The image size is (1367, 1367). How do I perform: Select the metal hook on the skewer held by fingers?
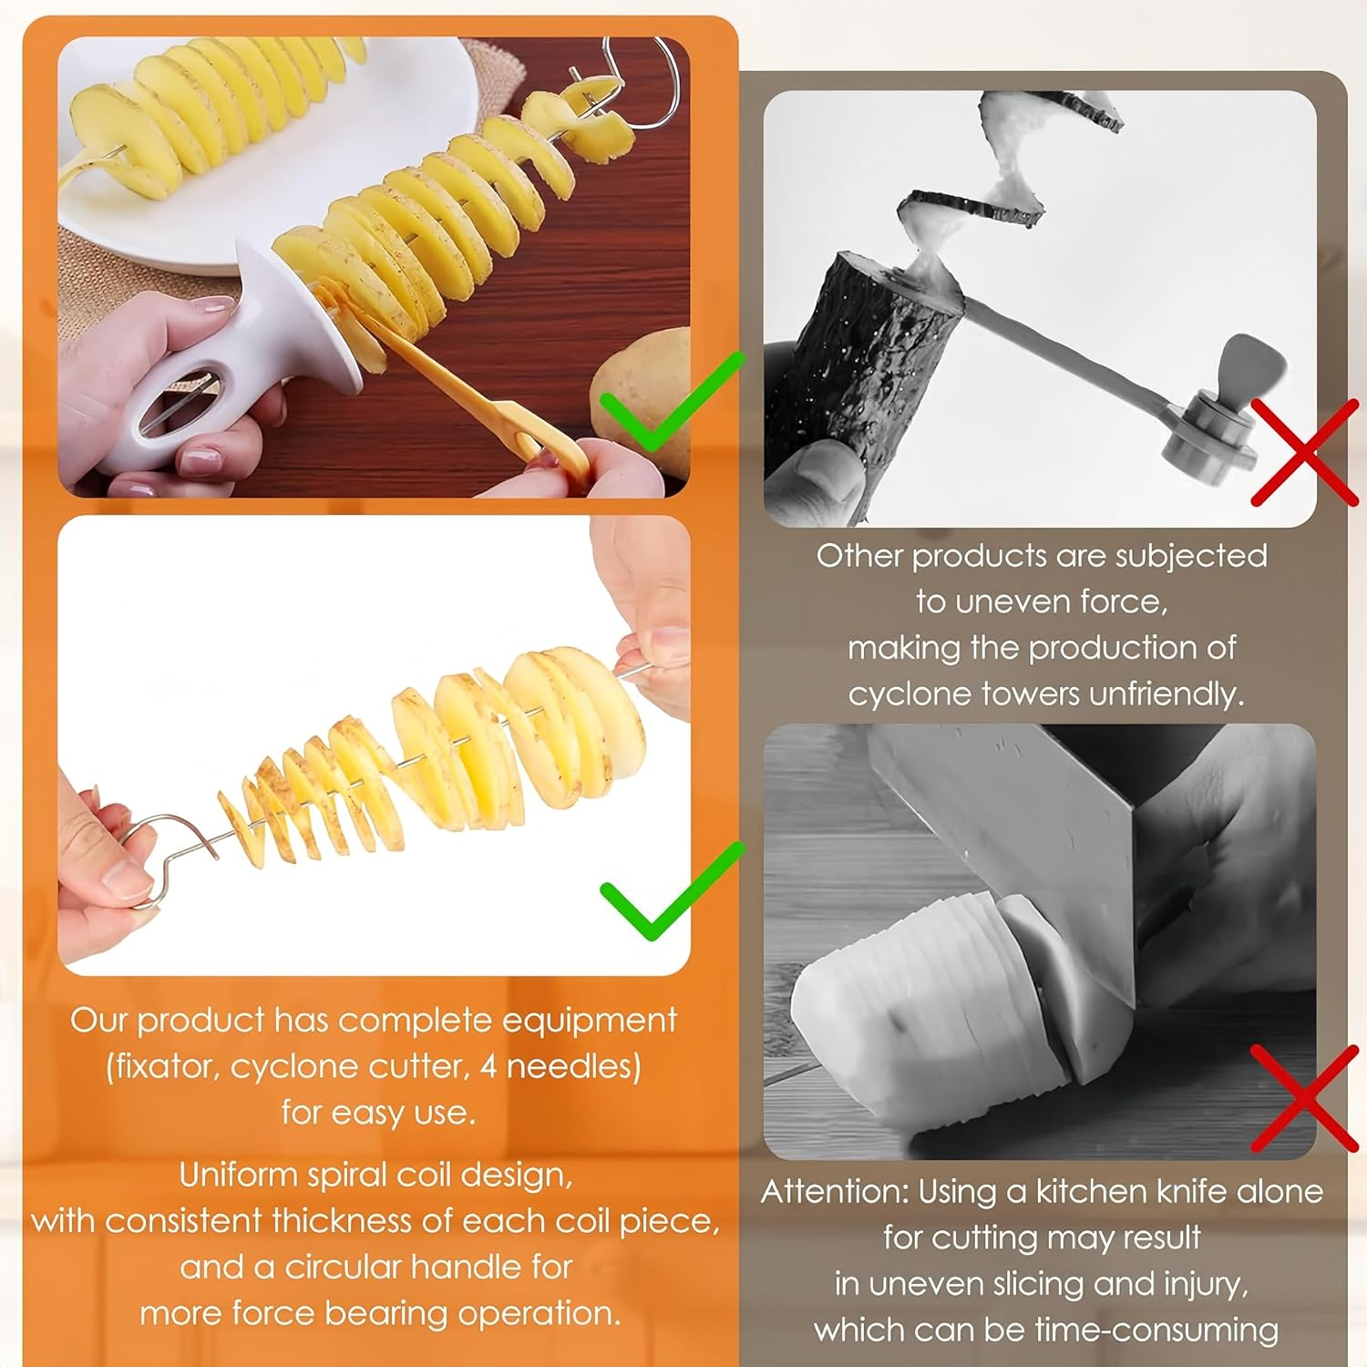(159, 861)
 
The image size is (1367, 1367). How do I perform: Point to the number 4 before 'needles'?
(488, 1066)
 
